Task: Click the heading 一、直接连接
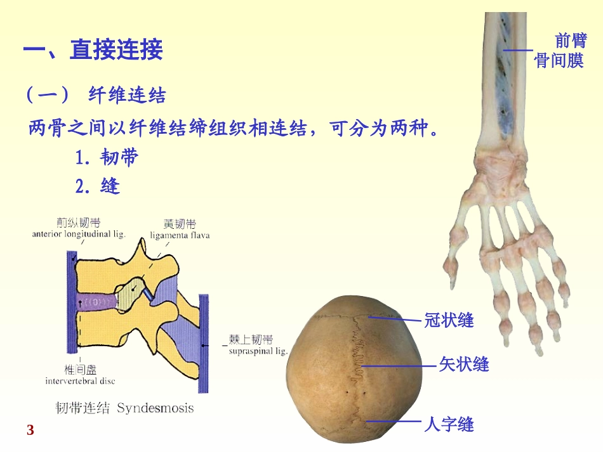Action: coord(93,49)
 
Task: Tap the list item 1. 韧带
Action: coord(107,157)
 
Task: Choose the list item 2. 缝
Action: coord(98,186)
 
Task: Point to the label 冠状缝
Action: coord(449,320)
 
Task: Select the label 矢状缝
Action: coord(464,365)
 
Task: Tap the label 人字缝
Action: coord(449,423)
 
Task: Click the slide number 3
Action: coord(30,431)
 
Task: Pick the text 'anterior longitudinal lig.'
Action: coord(79,234)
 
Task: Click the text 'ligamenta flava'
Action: coord(180,235)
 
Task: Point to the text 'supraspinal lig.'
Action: coord(258,350)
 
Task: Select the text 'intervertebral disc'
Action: coord(80,381)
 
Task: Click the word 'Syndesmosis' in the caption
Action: coord(156,408)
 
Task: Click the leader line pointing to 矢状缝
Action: coord(400,366)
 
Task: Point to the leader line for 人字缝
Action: coord(394,422)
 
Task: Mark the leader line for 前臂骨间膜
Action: coord(518,50)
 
